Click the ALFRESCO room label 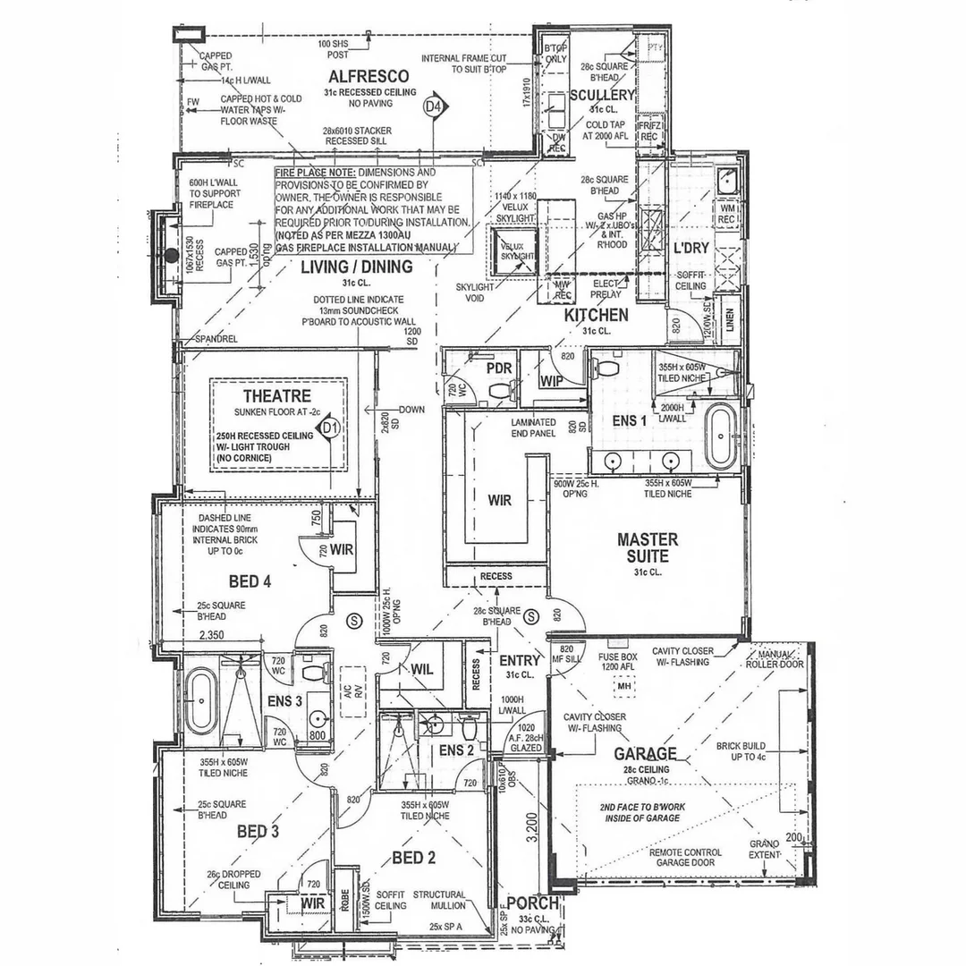click(x=369, y=76)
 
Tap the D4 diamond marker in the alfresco click(x=434, y=106)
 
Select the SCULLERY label click(x=602, y=95)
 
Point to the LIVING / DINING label click(x=356, y=267)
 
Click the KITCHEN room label click(x=596, y=315)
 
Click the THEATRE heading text click(x=276, y=395)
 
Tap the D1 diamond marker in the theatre click(x=331, y=428)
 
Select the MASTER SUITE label click(x=648, y=547)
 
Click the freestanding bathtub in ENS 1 click(x=721, y=437)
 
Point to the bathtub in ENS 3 click(x=200, y=700)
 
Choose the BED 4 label click(x=250, y=582)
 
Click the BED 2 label click(x=413, y=859)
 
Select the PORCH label click(x=533, y=902)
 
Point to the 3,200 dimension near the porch click(x=531, y=828)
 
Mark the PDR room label click(x=498, y=369)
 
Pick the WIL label click(x=421, y=670)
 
